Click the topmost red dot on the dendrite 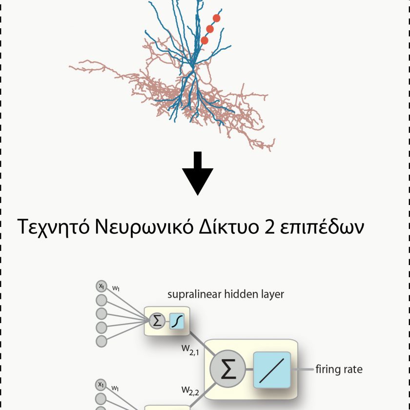click(217, 18)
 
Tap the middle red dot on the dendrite click(210, 29)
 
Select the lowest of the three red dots click(205, 41)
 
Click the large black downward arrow click(198, 173)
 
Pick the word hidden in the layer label click(240, 294)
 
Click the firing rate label click(339, 369)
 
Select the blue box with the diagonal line click(272, 369)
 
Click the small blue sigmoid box click(177, 321)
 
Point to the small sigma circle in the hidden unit click(157, 321)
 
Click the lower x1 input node click(101, 385)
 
